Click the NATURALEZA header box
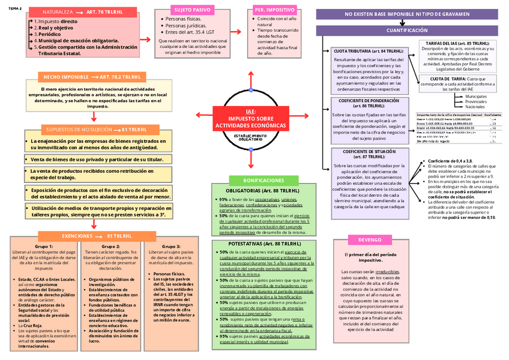(x=84, y=11)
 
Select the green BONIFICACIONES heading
(x=264, y=180)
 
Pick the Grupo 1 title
(x=44, y=247)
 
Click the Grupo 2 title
(x=110, y=247)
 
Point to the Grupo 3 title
(x=170, y=247)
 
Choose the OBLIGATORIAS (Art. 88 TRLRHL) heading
(x=264, y=191)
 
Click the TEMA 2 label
(x=15, y=9)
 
